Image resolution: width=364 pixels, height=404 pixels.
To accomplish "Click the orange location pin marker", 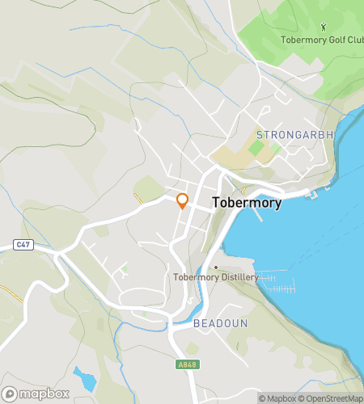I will click(x=182, y=201).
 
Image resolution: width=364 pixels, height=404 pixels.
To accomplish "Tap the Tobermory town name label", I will click(x=247, y=204).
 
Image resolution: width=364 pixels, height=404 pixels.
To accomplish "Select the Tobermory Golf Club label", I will click(x=320, y=40).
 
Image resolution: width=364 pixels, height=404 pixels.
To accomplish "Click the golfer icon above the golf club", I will click(x=324, y=27).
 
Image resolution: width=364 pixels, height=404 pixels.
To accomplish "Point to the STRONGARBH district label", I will click(x=294, y=133).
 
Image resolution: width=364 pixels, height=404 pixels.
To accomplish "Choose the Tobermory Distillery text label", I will click(x=216, y=277).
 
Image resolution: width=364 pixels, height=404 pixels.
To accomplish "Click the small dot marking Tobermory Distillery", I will click(x=216, y=267).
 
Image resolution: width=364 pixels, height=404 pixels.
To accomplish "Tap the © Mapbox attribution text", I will click(x=277, y=398).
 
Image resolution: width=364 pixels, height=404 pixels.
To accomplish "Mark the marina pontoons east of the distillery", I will click(x=279, y=283).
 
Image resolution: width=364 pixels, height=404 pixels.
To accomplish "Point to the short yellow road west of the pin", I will click(x=137, y=199).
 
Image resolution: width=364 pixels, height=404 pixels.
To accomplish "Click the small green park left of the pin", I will click(x=147, y=189).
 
